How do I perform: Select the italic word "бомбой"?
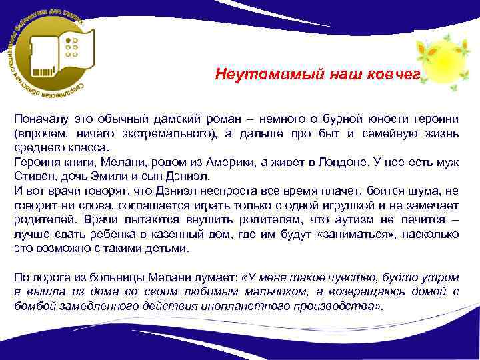pos(35,306)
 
